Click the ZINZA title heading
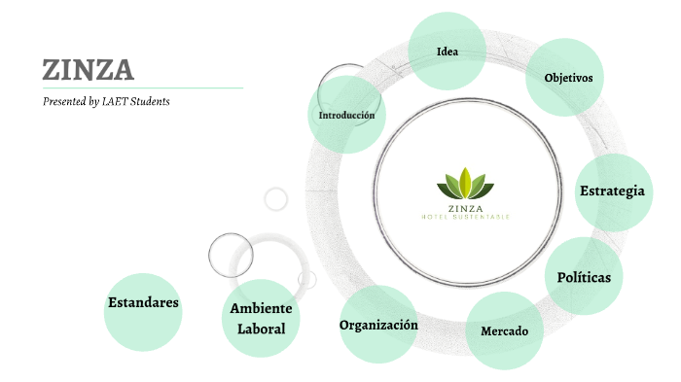point(89,70)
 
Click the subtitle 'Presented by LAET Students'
point(106,101)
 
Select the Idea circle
point(448,52)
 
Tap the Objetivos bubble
point(567,77)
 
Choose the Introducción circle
point(346,115)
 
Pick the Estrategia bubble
point(612,191)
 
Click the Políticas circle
point(584,277)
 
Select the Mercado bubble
point(505,330)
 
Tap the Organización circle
point(378,325)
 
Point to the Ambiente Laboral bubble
point(261,318)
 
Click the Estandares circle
point(143,302)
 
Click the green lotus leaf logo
point(466,183)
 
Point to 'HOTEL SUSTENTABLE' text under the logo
point(466,216)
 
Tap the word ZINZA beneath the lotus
point(466,207)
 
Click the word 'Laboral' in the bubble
point(261,329)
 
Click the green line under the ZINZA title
point(142,87)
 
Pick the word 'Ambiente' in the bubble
point(261,308)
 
